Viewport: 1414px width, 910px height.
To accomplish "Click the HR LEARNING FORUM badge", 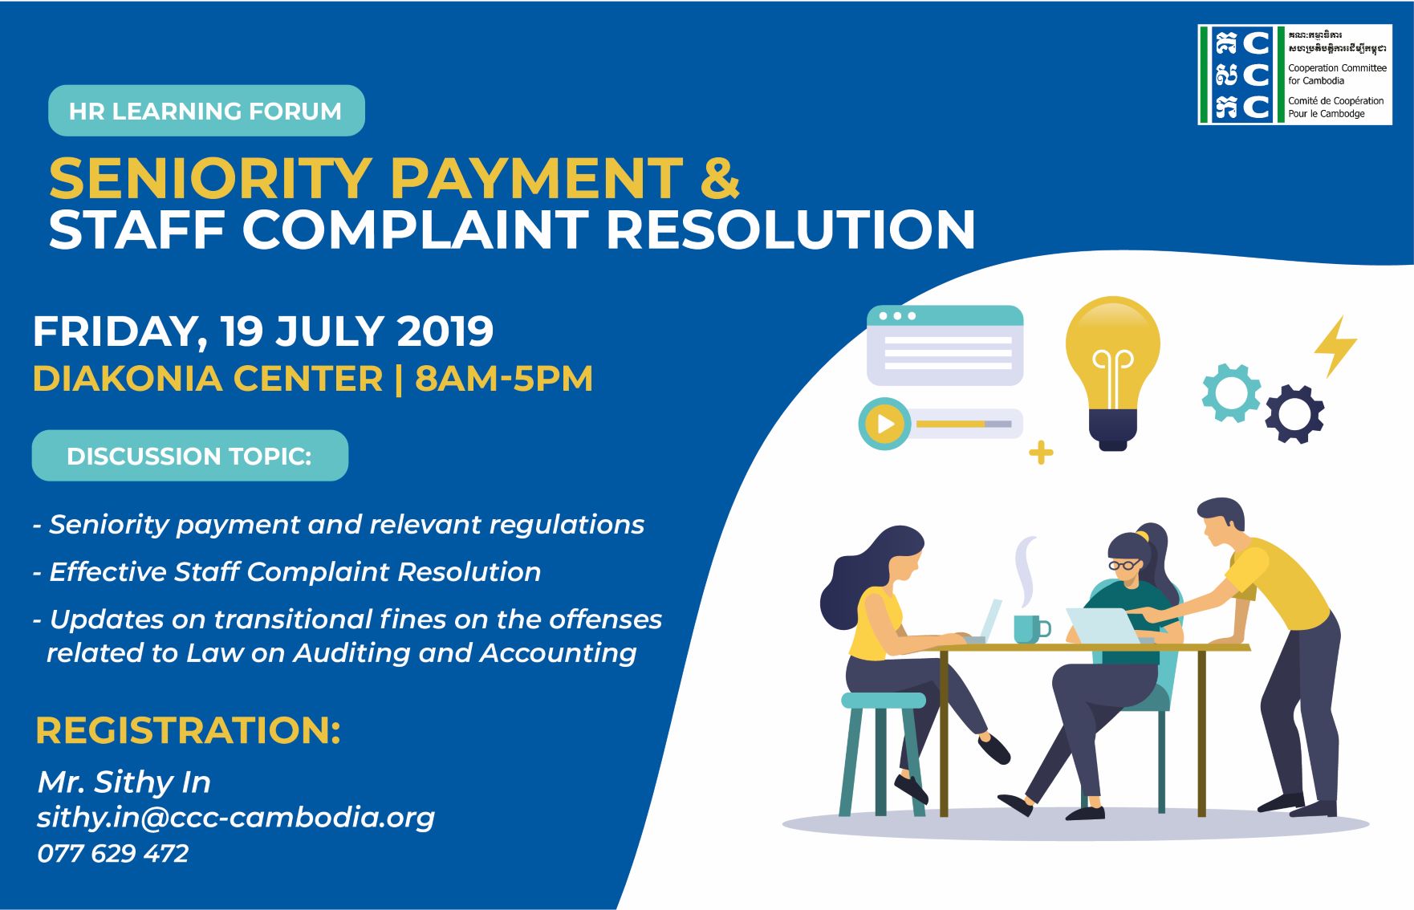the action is tap(206, 111).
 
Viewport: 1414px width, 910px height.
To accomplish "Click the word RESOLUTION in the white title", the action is tap(790, 230).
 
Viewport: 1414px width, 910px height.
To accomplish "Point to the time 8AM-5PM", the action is tap(504, 379).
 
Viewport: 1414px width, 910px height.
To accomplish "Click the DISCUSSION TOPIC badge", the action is tap(190, 456).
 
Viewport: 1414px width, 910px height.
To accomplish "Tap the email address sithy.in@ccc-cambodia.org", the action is tap(236, 817).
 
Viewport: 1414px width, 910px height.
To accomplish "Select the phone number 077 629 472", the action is tap(113, 853).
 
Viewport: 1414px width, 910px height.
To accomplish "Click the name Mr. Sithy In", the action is tap(124, 782).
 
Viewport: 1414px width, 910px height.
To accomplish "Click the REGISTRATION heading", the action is tap(188, 730).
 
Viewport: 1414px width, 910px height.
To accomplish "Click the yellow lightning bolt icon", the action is tap(1335, 346).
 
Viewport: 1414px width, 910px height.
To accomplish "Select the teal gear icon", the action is tap(1231, 392).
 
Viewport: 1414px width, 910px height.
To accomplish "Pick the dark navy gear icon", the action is tap(1294, 413).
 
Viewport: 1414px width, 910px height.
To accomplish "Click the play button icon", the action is tap(884, 424).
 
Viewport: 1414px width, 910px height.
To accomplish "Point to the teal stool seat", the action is tap(883, 701).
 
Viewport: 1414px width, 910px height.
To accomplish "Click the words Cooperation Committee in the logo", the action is tap(1337, 68).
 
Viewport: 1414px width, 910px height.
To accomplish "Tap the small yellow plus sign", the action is tap(1041, 453).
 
